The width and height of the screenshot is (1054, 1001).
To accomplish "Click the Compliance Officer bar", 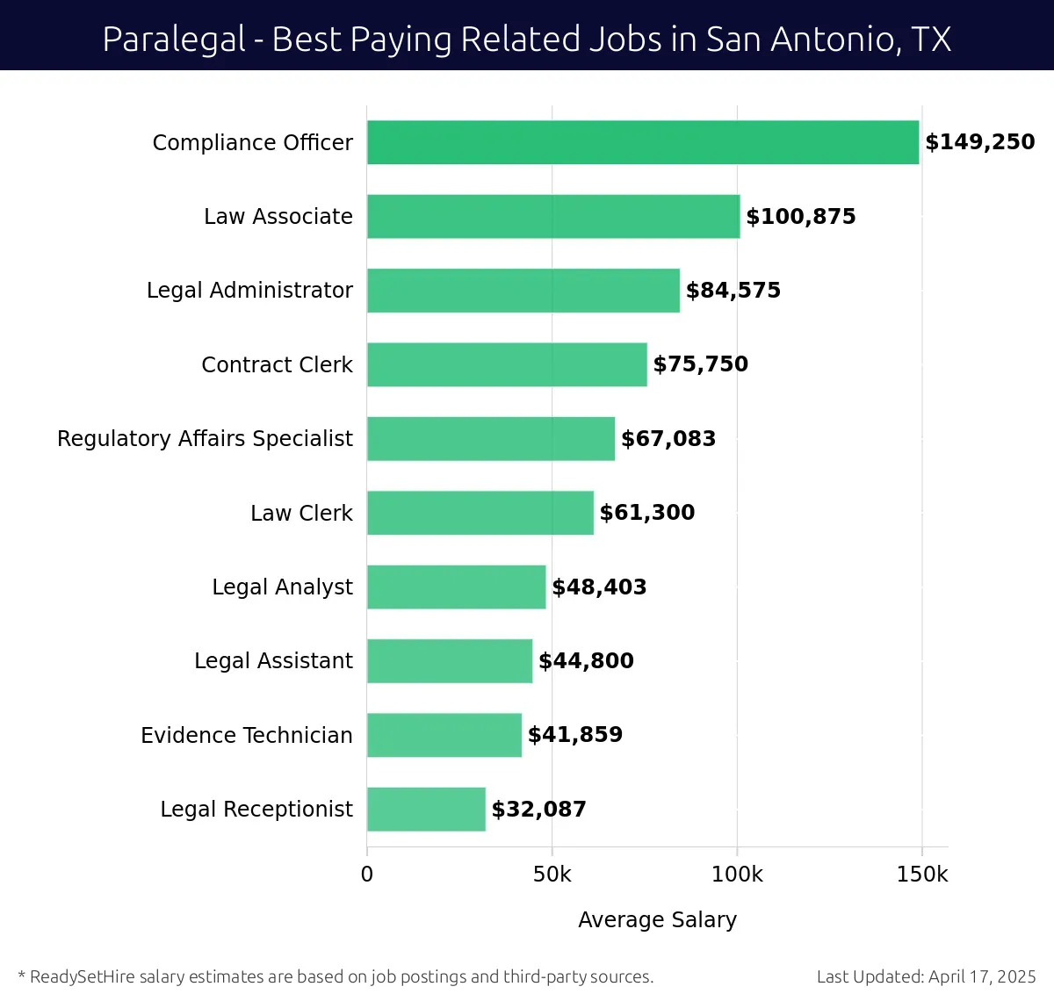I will click(643, 142).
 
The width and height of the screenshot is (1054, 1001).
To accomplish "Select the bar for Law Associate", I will click(553, 216).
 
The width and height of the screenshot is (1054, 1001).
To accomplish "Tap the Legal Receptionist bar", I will click(426, 809).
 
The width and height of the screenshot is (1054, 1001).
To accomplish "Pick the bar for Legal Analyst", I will click(456, 587).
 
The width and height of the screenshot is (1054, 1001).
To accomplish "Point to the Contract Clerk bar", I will click(507, 364).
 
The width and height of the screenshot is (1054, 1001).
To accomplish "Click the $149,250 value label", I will click(979, 142).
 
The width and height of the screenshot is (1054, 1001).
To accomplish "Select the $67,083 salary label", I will click(668, 438).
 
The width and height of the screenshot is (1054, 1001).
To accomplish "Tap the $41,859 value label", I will click(574, 735).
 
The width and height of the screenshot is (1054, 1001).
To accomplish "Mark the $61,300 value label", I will click(646, 513).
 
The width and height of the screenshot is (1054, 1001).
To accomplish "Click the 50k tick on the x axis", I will click(552, 875).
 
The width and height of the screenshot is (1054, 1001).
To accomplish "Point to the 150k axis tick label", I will click(921, 875).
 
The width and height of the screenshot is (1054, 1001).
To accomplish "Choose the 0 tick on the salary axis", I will click(367, 875).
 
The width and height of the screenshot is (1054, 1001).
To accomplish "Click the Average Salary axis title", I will click(657, 919).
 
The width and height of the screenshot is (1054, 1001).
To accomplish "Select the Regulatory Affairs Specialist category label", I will click(205, 438).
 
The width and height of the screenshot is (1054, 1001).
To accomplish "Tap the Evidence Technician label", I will click(246, 735).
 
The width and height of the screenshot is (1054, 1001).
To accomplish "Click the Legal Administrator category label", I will click(249, 291).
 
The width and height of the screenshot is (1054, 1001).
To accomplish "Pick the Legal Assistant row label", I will click(273, 660).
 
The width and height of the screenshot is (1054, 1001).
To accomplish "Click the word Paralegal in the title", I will click(174, 40).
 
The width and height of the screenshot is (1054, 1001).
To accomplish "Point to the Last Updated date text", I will click(926, 976).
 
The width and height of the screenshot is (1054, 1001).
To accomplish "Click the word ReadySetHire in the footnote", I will click(83, 976).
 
